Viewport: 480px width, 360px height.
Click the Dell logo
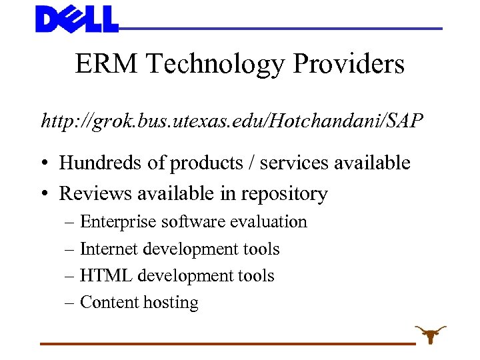77,19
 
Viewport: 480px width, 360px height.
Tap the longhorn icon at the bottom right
430,333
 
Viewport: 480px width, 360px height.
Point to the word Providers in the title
349,65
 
